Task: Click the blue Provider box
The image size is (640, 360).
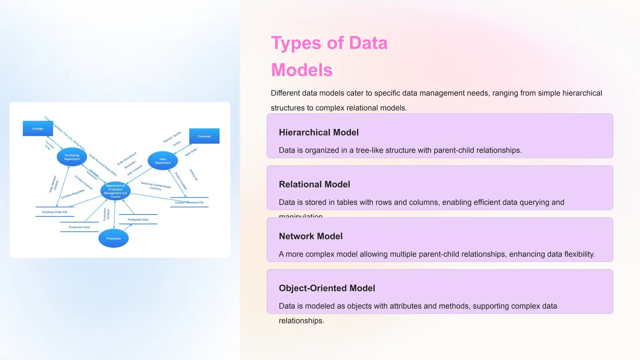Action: (x=38, y=128)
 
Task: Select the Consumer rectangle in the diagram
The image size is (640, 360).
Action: (x=204, y=136)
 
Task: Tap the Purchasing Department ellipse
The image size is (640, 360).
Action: (x=72, y=157)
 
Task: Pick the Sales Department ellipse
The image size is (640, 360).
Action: (x=162, y=161)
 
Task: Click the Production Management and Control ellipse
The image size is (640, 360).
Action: (x=115, y=191)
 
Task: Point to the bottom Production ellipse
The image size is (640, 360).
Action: (x=113, y=238)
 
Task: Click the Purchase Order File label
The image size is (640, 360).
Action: (x=55, y=212)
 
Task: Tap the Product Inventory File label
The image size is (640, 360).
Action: (x=189, y=202)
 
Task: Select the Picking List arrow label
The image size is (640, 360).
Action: (x=194, y=175)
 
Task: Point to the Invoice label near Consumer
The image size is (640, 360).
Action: (x=177, y=143)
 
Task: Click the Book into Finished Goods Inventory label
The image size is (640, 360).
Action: (x=156, y=186)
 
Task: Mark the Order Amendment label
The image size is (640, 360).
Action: (x=127, y=159)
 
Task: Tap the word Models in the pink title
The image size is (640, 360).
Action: (x=302, y=70)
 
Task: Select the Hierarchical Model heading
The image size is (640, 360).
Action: (x=318, y=132)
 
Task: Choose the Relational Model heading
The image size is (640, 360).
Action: (x=314, y=184)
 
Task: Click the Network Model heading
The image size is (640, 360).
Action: (x=311, y=236)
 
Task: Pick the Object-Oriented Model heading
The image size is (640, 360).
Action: (x=327, y=288)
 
